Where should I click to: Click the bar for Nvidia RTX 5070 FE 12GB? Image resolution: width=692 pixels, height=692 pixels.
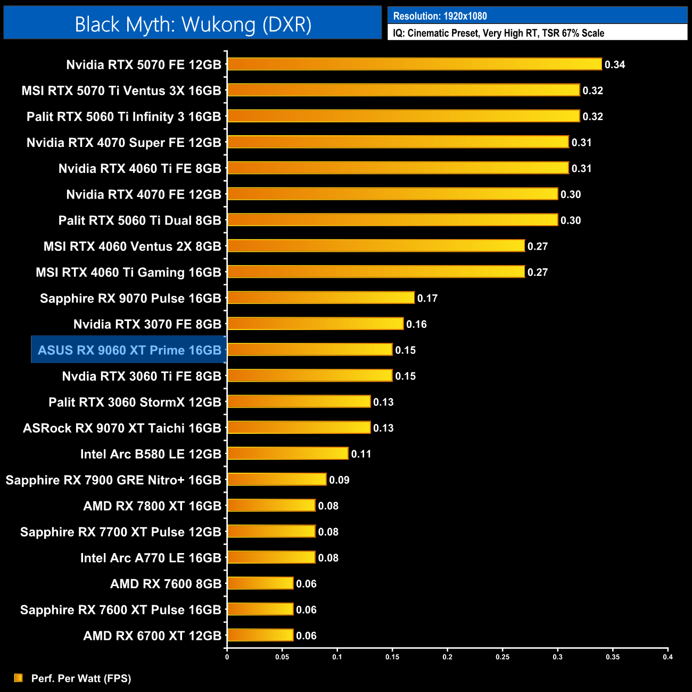coord(414,64)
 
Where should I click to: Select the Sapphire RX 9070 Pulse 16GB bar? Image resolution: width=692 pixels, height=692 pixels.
coord(320,298)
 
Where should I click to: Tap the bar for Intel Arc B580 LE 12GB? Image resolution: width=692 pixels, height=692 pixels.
coord(287,454)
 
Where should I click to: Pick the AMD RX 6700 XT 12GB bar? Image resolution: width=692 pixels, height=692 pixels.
coord(260,635)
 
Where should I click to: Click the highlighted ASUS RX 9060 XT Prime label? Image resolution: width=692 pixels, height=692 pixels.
coord(129,350)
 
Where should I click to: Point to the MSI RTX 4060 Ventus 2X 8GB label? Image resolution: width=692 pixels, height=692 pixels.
coord(132,246)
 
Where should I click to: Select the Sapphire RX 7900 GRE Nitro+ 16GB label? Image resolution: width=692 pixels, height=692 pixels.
coord(113,480)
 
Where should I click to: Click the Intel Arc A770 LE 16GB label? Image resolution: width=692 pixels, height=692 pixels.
coord(151,558)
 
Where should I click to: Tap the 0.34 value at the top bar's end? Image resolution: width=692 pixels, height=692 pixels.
coord(615,65)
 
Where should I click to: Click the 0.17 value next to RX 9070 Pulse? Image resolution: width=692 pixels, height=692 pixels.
coord(427,299)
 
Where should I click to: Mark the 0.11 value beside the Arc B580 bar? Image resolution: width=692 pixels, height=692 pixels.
coord(361,454)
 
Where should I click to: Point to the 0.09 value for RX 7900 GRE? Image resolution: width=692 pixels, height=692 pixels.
coord(339,480)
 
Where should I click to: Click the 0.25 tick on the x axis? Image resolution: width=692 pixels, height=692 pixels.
coord(502,657)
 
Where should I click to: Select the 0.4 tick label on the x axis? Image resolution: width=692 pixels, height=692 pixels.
coord(668,657)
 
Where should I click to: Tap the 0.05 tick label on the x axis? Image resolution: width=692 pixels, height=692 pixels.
coord(282,657)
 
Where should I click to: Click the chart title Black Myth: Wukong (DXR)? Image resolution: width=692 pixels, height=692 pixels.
coord(193,24)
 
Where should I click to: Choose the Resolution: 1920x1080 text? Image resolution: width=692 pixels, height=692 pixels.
coord(440,16)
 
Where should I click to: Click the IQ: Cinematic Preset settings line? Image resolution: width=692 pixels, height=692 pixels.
coord(498,33)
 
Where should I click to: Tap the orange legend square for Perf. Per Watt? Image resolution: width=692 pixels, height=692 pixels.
coord(18,678)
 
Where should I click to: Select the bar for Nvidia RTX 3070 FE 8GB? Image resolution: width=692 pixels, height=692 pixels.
coord(315,324)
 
